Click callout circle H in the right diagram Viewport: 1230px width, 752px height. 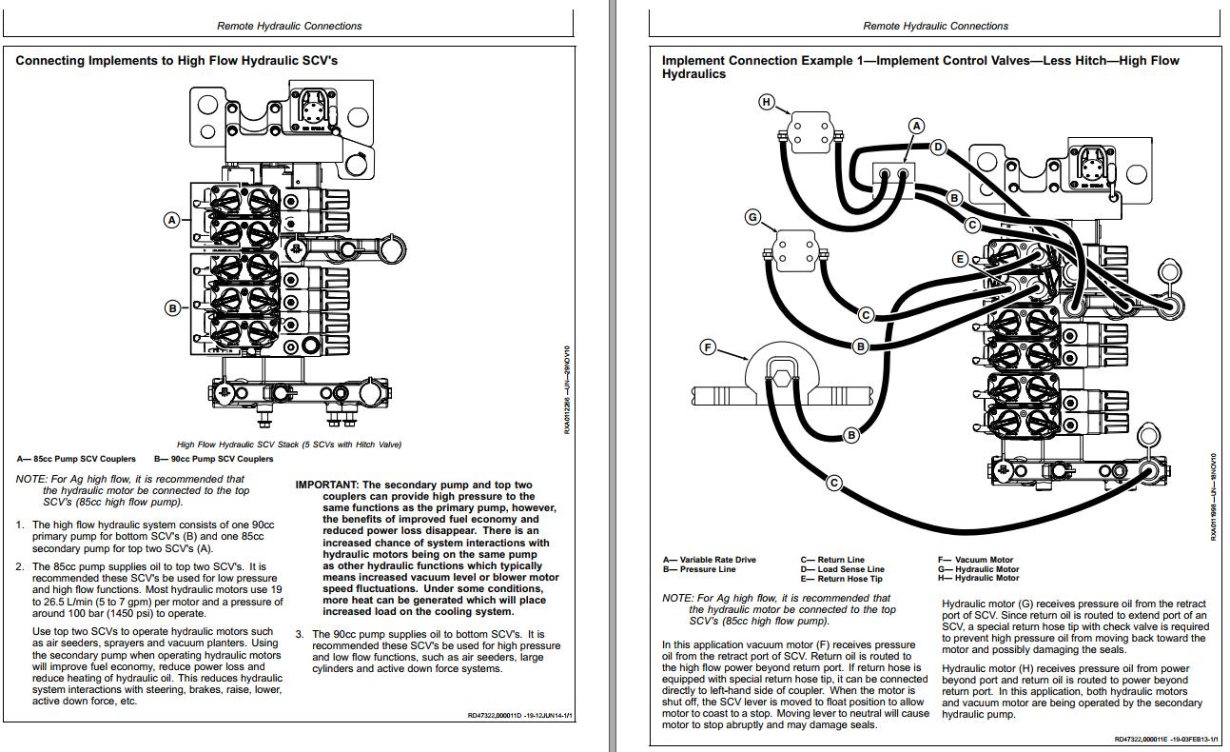[x=766, y=102]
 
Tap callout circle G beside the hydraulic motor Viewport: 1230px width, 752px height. [x=752, y=217]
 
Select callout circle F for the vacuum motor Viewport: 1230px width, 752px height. [x=708, y=347]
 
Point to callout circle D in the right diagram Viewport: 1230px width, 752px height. [x=938, y=147]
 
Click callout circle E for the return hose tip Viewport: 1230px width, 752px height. [x=961, y=259]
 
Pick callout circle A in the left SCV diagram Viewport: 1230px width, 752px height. [x=172, y=220]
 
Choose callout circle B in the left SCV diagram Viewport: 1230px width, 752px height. [x=172, y=307]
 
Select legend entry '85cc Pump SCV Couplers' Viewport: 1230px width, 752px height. [x=76, y=459]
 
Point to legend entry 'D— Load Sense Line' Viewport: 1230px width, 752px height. [x=842, y=569]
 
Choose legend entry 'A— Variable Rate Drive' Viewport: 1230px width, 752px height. [x=710, y=560]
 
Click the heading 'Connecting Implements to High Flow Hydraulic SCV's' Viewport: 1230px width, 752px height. [x=176, y=61]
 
